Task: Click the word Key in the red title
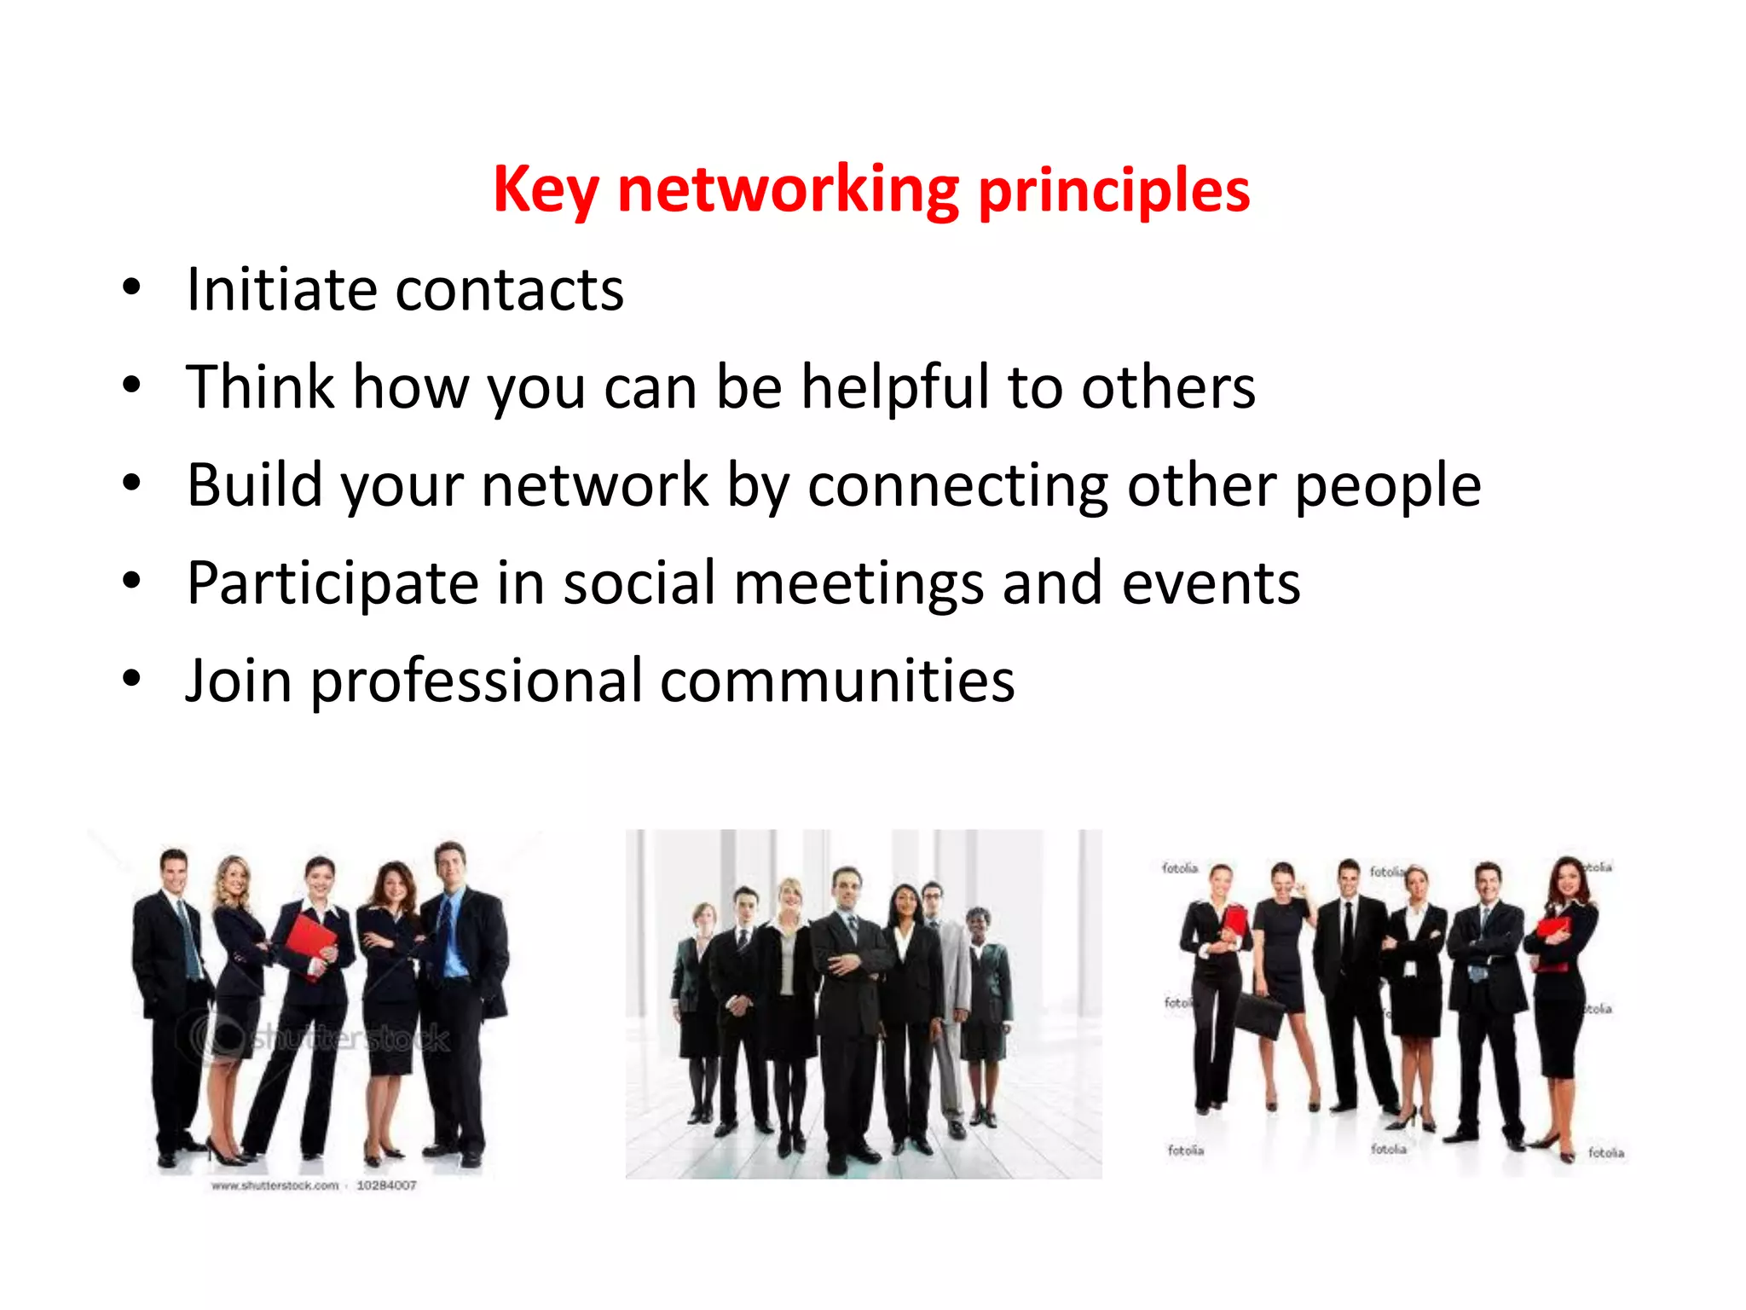click(546, 189)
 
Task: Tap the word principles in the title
click(1113, 189)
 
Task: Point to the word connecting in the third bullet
click(957, 485)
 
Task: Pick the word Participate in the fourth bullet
click(332, 583)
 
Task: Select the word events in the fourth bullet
click(1211, 583)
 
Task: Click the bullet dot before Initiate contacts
click(131, 287)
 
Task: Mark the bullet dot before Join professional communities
click(131, 679)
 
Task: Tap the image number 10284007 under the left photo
click(386, 1185)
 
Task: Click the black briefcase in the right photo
click(1258, 1015)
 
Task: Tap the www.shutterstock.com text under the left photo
click(275, 1185)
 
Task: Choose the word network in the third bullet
click(594, 485)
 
